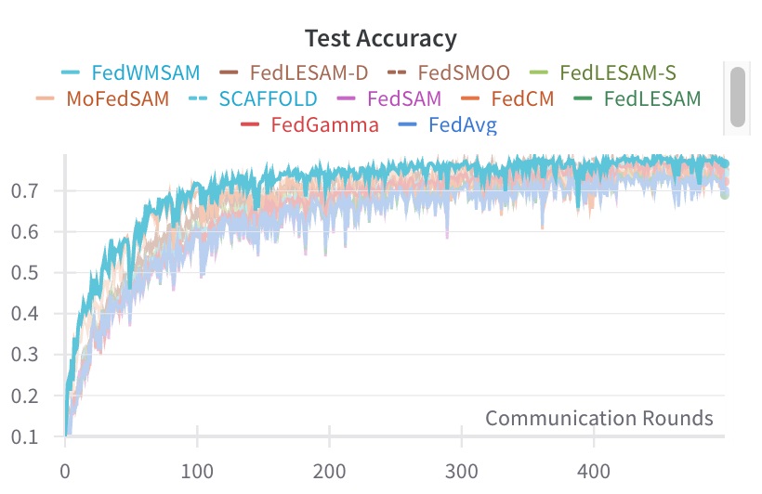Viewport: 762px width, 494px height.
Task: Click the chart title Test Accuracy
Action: (381, 38)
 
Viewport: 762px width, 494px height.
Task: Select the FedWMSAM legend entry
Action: (146, 71)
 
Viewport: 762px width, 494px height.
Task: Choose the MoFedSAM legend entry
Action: (117, 97)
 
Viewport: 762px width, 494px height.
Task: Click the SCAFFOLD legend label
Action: (268, 97)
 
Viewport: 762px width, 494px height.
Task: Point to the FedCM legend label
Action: (521, 97)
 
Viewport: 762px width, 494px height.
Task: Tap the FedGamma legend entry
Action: (324, 123)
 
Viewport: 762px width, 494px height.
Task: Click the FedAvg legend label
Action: (462, 123)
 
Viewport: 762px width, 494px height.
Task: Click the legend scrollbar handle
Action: (738, 96)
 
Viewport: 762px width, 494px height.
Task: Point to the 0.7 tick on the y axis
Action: (33, 191)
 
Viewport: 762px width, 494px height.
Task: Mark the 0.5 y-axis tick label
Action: (33, 273)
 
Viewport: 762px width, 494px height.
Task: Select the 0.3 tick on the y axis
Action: (33, 355)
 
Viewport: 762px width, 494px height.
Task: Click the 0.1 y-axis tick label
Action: (33, 436)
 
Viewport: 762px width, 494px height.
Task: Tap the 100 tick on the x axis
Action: (197, 470)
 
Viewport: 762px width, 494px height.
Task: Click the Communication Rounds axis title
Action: (598, 418)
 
